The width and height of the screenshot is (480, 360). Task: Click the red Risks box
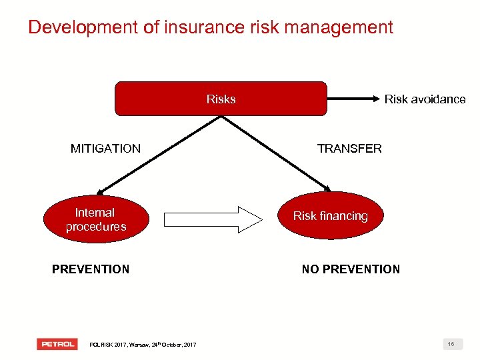[221, 99]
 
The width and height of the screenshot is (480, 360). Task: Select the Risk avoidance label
[425, 99]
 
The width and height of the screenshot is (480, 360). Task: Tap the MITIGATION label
[105, 149]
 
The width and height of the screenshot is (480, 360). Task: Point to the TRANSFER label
[349, 149]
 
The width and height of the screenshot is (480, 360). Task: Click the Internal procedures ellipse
[95, 219]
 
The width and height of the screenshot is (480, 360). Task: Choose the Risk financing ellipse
[331, 216]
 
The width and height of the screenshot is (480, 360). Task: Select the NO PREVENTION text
[351, 269]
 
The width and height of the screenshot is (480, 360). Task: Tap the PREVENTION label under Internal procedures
[91, 269]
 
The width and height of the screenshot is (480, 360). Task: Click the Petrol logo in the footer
[57, 344]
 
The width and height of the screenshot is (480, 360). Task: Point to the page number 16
[451, 344]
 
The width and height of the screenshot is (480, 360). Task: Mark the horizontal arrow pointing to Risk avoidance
[353, 99]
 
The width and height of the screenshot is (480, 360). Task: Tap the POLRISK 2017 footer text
[143, 345]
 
